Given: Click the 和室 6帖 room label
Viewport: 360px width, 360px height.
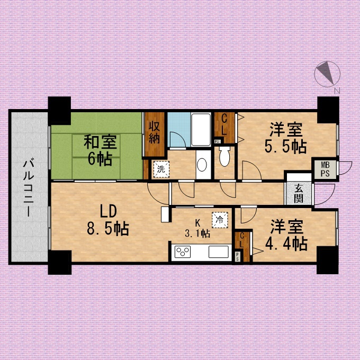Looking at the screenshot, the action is [x=101, y=150].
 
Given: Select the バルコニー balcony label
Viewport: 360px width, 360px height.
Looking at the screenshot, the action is [x=29, y=188].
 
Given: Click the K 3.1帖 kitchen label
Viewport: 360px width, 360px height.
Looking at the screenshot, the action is [x=197, y=229].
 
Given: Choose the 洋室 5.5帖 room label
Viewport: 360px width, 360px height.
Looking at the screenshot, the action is [x=285, y=138].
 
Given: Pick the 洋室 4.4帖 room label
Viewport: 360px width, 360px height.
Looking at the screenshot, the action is [x=286, y=235].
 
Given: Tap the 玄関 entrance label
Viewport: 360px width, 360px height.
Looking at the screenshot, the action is [x=299, y=194].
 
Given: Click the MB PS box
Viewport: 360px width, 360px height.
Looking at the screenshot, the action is [x=325, y=169].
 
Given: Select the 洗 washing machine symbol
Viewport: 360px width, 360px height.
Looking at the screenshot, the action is [x=161, y=169].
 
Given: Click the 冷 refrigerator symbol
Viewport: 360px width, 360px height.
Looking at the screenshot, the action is [x=220, y=220].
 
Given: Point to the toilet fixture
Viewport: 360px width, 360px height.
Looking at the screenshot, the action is [x=224, y=156].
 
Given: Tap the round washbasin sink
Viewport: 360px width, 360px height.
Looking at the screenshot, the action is [x=202, y=165].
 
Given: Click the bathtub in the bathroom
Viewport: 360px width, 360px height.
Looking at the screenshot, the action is [x=201, y=130].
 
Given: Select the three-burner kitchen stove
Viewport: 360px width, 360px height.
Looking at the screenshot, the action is [x=183, y=252].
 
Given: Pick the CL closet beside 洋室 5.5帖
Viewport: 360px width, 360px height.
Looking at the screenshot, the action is [x=224, y=128].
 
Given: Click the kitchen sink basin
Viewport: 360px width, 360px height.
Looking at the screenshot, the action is [x=218, y=251].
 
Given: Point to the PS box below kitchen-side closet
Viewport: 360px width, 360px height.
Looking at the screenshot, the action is [x=237, y=256].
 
